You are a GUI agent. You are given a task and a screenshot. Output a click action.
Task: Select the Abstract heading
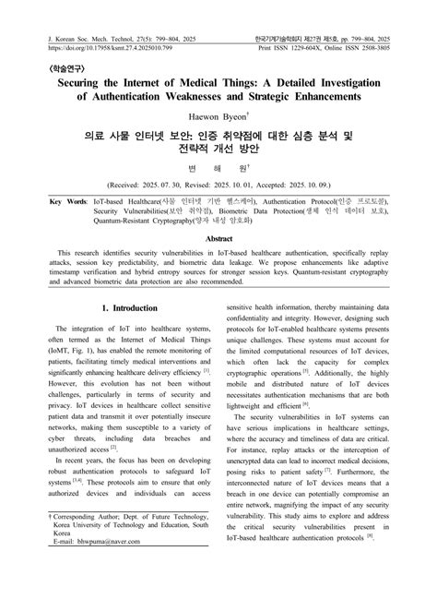pos(218,238)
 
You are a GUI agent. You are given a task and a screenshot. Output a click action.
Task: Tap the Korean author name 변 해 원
pos(218,168)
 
